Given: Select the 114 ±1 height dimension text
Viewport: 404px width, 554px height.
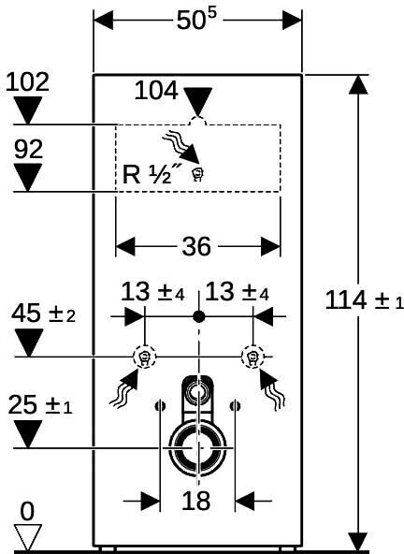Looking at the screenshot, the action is tap(364, 301).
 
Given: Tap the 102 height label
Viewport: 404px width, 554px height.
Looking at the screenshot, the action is tap(27, 82).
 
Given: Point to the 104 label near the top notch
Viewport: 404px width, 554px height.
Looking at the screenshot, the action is tap(156, 91).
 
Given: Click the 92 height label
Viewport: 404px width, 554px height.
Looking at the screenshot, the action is tap(29, 149).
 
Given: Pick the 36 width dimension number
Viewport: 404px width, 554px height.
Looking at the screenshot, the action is tap(196, 246).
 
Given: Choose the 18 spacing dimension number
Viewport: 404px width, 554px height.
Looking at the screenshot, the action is tap(196, 501).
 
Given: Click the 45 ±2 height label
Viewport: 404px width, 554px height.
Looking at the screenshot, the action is tap(43, 313).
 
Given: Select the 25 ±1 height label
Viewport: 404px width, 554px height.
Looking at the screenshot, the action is tap(40, 404).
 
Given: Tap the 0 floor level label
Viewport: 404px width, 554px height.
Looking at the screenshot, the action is tap(27, 511).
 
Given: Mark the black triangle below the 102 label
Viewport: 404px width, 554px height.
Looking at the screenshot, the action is tap(28, 110).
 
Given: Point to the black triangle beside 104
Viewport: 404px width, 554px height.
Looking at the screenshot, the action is tap(198, 102).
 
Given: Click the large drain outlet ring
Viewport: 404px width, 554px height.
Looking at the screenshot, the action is tap(173, 447).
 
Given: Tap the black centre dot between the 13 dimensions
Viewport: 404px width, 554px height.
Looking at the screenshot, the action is tap(199, 317).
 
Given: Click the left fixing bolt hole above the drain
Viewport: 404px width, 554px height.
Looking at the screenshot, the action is tap(160, 406).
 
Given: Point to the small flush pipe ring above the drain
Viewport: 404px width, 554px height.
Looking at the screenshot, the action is tap(191, 392).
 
